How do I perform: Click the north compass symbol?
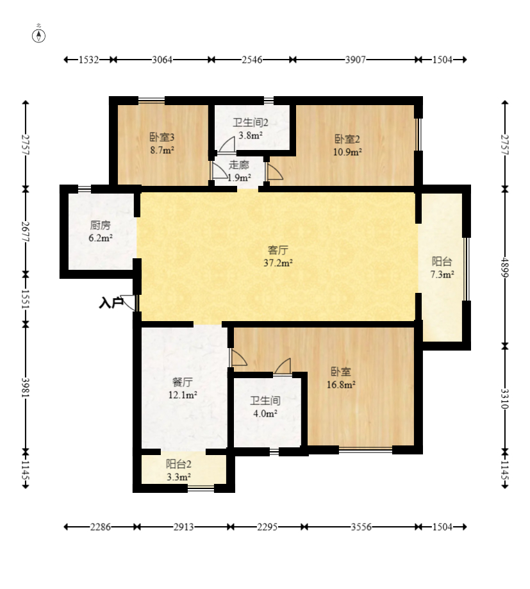38,36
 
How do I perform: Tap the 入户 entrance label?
111,303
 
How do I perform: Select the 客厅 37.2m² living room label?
278,256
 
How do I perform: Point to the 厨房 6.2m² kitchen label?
101,231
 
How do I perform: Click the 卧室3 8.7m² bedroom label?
162,144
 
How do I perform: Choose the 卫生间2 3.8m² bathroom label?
251,129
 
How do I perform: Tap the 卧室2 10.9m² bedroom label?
347,145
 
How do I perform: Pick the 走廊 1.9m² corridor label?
239,171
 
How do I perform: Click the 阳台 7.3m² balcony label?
442,268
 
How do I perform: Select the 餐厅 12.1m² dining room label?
183,388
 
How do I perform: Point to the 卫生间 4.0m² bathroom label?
265,407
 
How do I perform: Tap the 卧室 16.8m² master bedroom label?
341,378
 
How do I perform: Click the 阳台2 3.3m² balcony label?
179,470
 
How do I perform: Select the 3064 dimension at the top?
162,60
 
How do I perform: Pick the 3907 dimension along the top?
355,60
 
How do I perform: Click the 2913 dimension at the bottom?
184,527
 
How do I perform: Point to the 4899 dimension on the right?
505,267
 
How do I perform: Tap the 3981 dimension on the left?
26,387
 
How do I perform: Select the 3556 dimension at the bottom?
361,527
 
